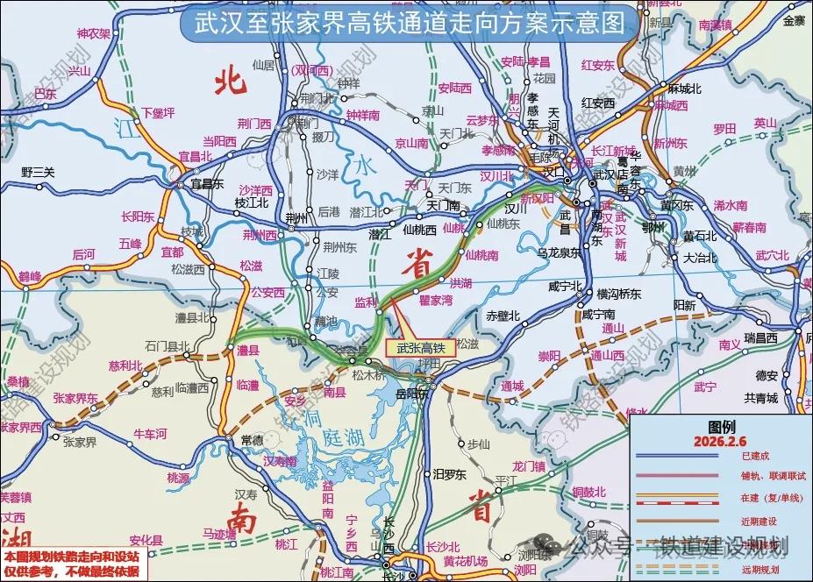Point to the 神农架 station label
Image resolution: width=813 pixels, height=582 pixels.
pos(94,34)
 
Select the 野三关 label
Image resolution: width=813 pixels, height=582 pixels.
pos(38,172)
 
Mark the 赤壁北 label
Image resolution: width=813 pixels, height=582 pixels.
pos(503,316)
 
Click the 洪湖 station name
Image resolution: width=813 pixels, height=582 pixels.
pos(460,283)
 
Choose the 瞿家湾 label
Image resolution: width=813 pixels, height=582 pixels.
pos(436,301)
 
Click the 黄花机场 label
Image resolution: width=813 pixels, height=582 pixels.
pos(465,562)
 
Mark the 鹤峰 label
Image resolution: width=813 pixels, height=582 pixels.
pos(30,277)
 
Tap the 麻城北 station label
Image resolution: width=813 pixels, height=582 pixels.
pos(685,89)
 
